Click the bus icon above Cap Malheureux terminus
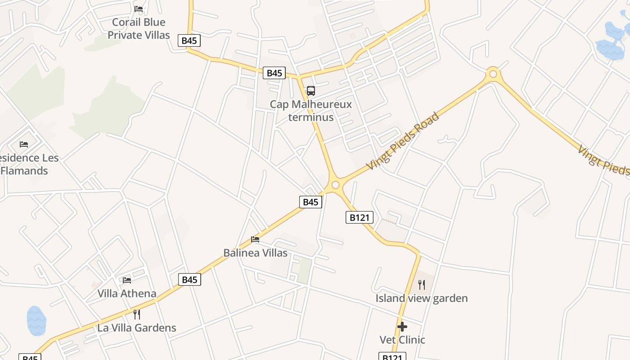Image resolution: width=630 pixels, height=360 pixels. point(311,91)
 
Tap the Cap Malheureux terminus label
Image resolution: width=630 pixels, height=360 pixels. point(311,111)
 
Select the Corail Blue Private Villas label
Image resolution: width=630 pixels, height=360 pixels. point(139,28)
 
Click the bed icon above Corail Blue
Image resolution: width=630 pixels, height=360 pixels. point(139,9)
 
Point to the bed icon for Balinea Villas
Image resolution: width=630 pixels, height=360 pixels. point(255,239)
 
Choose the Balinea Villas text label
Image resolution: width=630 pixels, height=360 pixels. point(255,253)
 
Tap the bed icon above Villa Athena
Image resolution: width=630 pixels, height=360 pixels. point(127,280)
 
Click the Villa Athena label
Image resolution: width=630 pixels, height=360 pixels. point(127,293)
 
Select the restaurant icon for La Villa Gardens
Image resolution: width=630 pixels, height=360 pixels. point(137,314)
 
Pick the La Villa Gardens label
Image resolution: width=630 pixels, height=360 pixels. point(137,328)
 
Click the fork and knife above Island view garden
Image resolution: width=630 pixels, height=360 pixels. point(422,284)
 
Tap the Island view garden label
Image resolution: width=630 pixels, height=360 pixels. point(422,298)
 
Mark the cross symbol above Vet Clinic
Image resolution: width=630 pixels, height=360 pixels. point(402,326)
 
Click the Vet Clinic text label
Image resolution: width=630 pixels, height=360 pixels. point(402,340)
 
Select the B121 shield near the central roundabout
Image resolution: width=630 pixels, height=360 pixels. point(360,217)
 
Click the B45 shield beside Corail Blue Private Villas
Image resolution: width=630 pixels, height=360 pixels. point(189,40)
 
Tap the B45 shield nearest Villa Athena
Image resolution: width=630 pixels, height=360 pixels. point(189,279)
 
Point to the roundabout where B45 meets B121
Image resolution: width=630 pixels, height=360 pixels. point(335,185)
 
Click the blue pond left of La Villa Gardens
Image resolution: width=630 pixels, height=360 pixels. point(36,321)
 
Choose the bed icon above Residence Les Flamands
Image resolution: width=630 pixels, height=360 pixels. point(24,144)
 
